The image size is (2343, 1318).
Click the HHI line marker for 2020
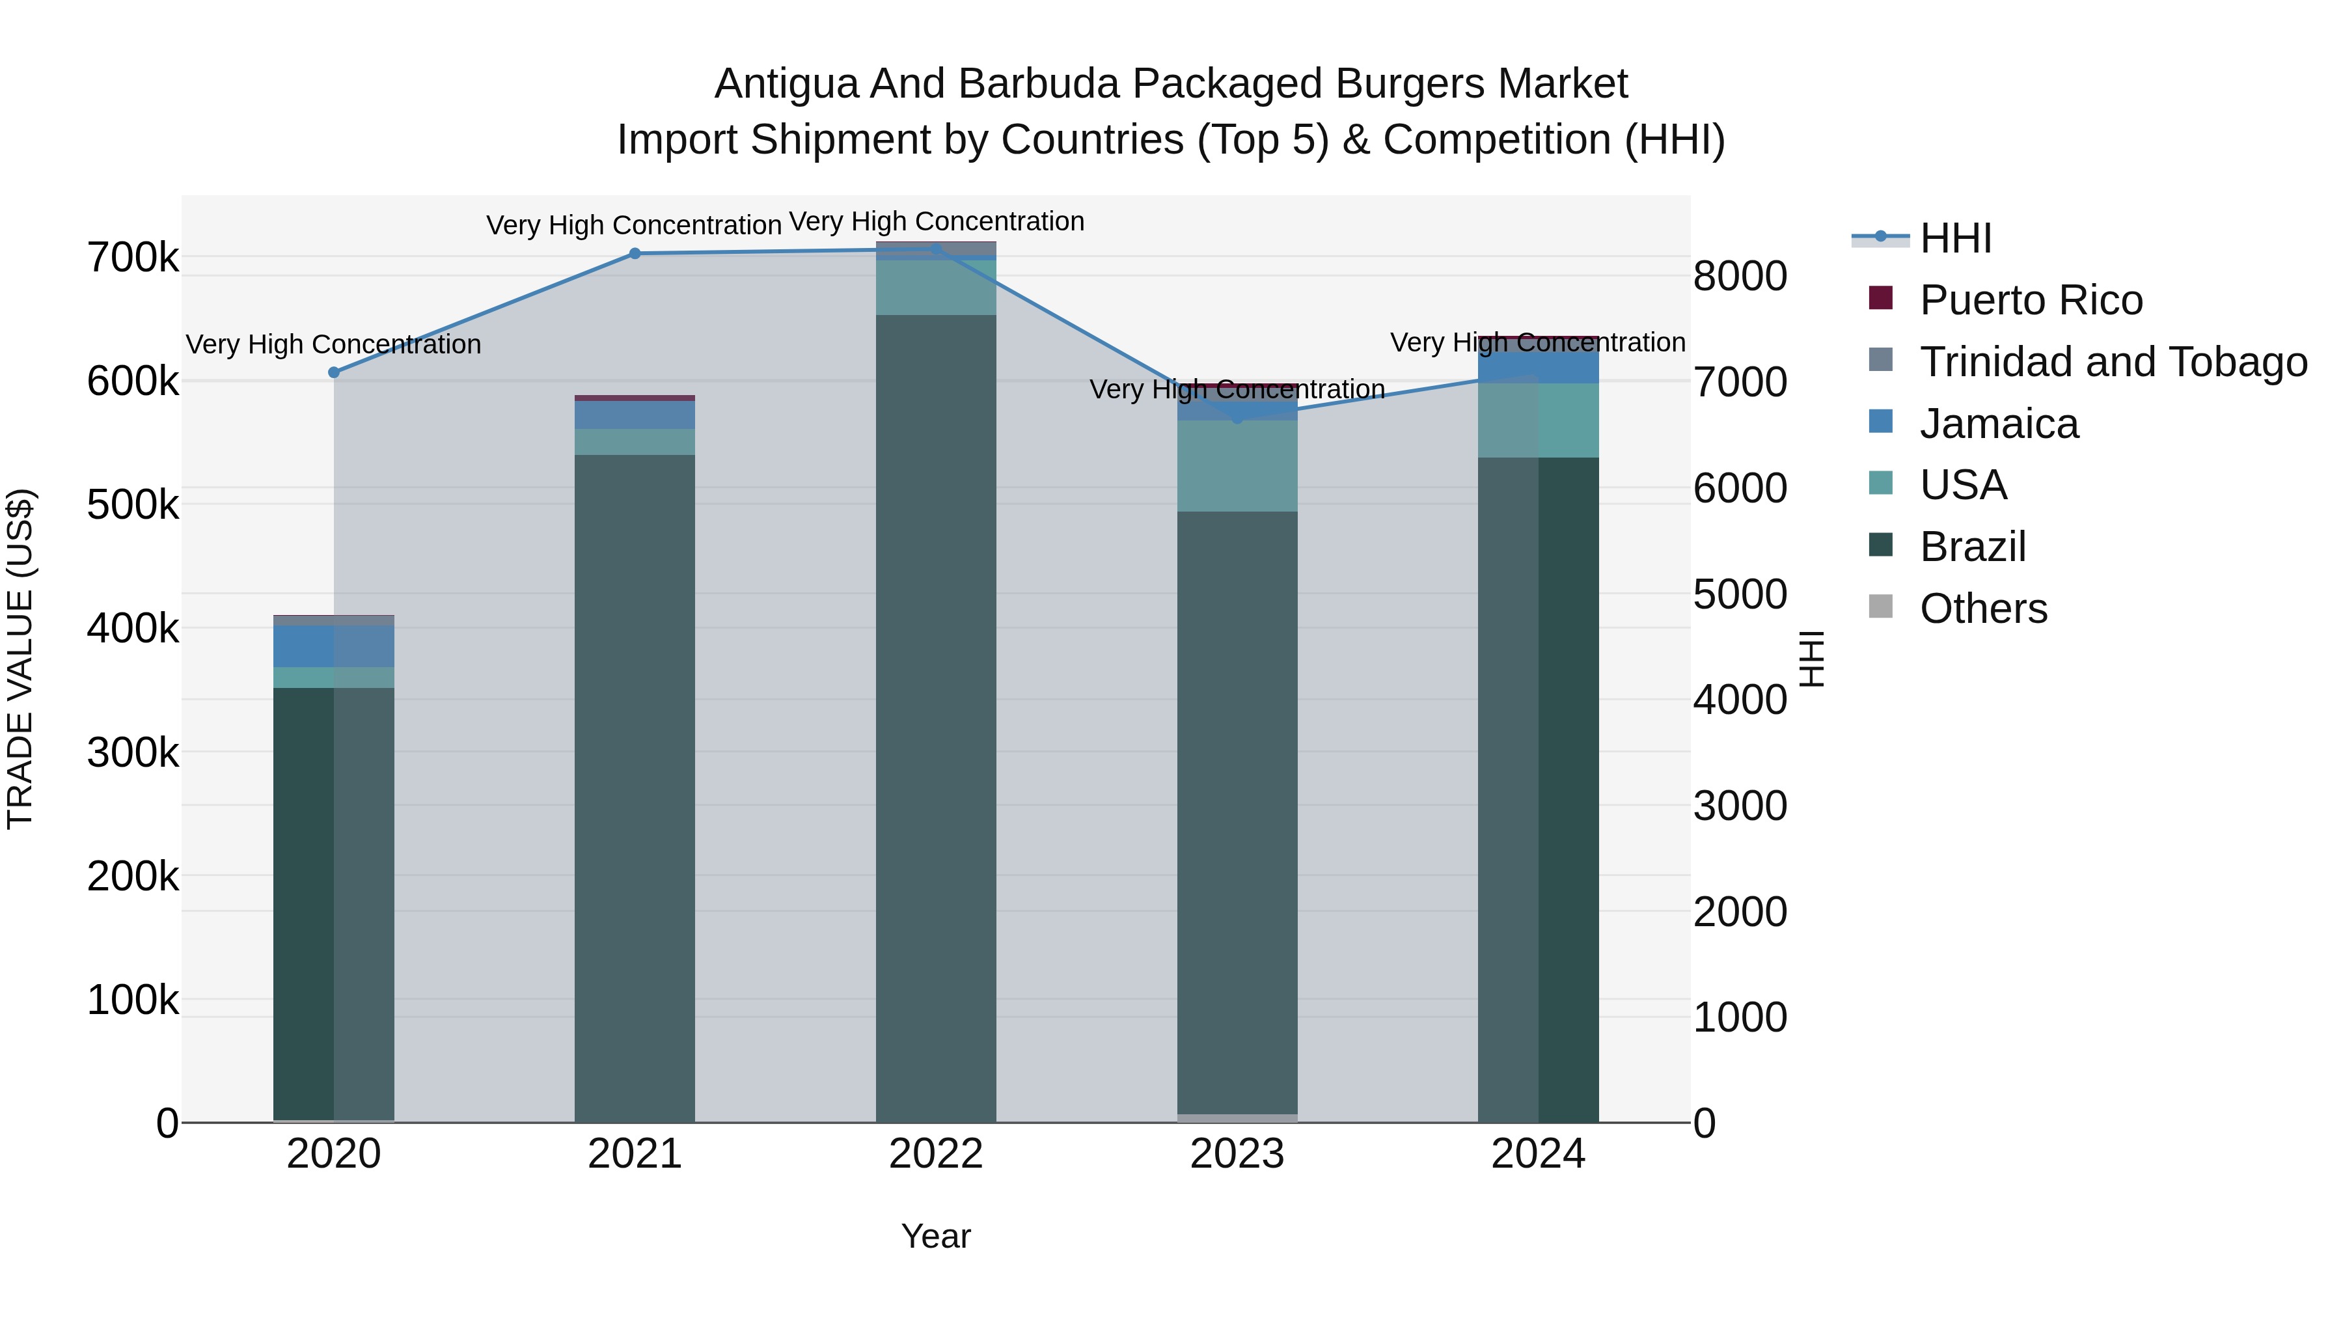click(x=334, y=372)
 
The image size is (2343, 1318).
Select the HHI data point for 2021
click(x=635, y=254)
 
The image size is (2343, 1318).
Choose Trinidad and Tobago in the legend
click(x=2113, y=362)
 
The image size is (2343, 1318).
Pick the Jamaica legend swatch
click(x=1881, y=422)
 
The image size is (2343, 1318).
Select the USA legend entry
click(x=1963, y=485)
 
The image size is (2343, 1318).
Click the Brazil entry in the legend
click(x=1972, y=547)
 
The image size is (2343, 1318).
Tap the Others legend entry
click(x=1983, y=609)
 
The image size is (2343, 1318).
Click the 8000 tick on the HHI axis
click(x=1740, y=277)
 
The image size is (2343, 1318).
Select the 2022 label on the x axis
click(x=936, y=1154)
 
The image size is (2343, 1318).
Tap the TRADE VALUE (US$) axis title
click(x=20, y=659)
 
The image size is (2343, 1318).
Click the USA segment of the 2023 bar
click(x=1237, y=466)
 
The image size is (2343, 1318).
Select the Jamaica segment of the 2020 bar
click(x=334, y=646)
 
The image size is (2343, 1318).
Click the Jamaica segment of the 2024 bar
click(x=1538, y=362)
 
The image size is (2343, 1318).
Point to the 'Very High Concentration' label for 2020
click(x=334, y=345)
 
